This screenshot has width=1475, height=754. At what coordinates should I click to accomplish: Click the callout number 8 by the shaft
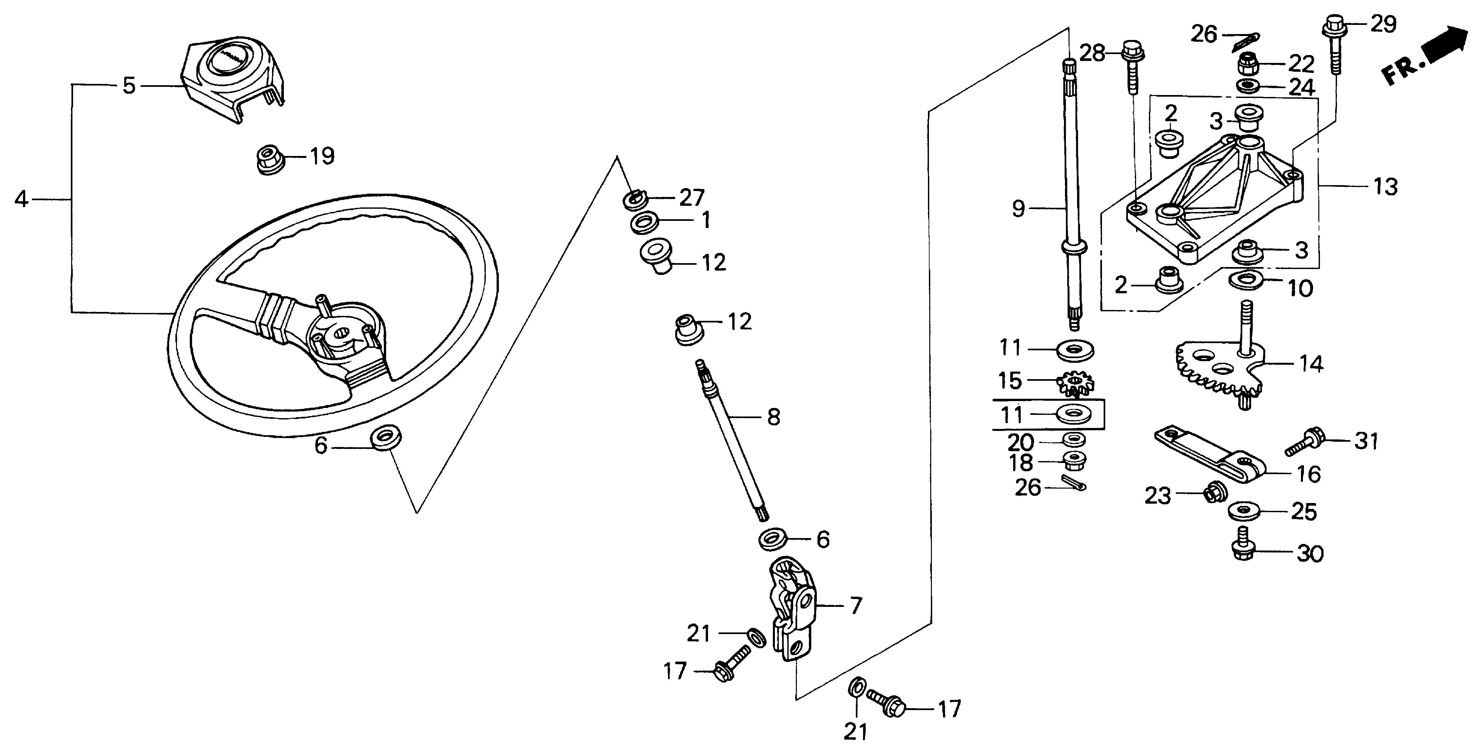click(774, 417)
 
